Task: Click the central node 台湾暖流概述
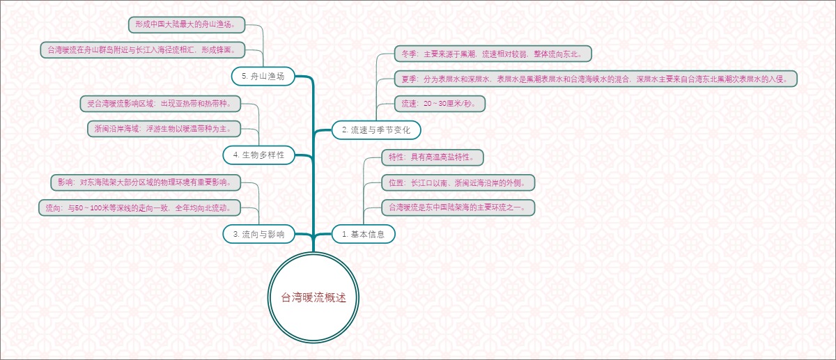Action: coord(313,297)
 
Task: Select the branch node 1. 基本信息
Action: coord(363,234)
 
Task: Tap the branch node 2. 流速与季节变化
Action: coord(376,130)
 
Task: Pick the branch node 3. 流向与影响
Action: coord(258,234)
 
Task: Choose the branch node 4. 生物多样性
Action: coord(258,155)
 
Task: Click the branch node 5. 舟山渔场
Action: coord(263,76)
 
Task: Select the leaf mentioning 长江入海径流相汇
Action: coord(143,49)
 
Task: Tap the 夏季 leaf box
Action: coord(594,78)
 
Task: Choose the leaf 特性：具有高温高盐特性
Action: coord(432,157)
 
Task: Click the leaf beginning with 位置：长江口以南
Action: coord(457,182)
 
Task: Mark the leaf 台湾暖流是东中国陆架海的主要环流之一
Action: coord(457,207)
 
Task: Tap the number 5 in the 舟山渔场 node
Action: coord(242,76)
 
